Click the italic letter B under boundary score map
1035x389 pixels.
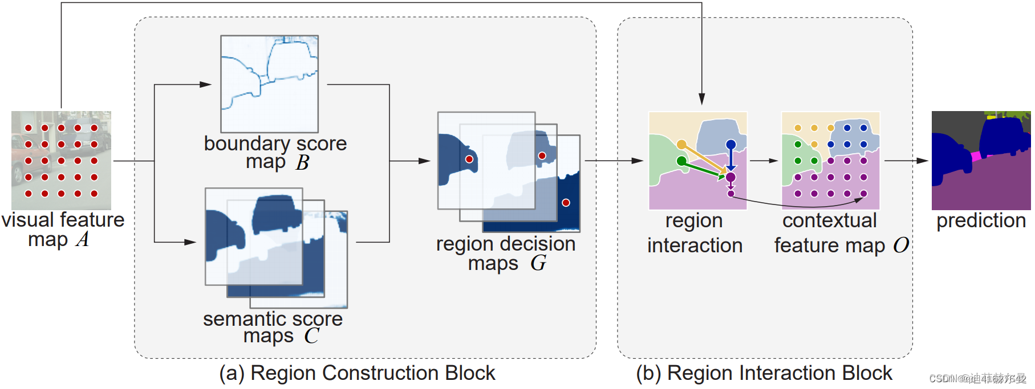point(302,163)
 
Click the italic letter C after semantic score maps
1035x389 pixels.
point(311,335)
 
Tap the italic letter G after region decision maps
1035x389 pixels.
point(538,263)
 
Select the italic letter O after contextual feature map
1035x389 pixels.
point(901,245)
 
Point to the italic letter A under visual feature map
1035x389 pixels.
point(83,239)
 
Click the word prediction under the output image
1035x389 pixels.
point(981,221)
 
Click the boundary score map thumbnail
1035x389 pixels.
point(270,84)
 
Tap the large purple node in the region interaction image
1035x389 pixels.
point(730,177)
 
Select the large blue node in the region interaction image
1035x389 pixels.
point(730,145)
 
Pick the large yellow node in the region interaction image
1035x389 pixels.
point(681,145)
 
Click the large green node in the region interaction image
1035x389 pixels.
point(681,161)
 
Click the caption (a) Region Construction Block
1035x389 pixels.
point(357,373)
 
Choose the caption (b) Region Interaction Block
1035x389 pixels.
point(764,373)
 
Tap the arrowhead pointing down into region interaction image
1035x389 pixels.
point(701,100)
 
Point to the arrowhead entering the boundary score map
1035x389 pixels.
point(206,84)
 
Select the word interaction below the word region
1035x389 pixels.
point(695,245)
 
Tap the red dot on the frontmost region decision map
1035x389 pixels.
point(469,159)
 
